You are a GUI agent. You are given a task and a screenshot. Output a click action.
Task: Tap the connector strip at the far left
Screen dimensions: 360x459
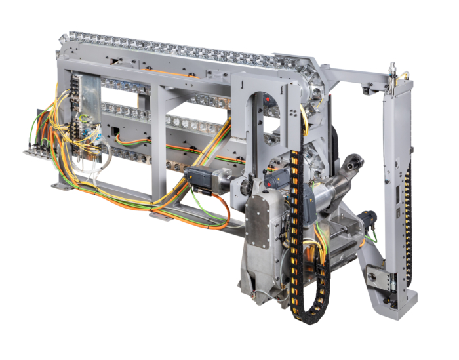click(39, 151)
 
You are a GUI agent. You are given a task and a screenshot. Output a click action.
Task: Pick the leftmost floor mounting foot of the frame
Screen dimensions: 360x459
click(62, 186)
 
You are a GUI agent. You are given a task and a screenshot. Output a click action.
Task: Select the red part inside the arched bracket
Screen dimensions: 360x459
click(269, 100)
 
